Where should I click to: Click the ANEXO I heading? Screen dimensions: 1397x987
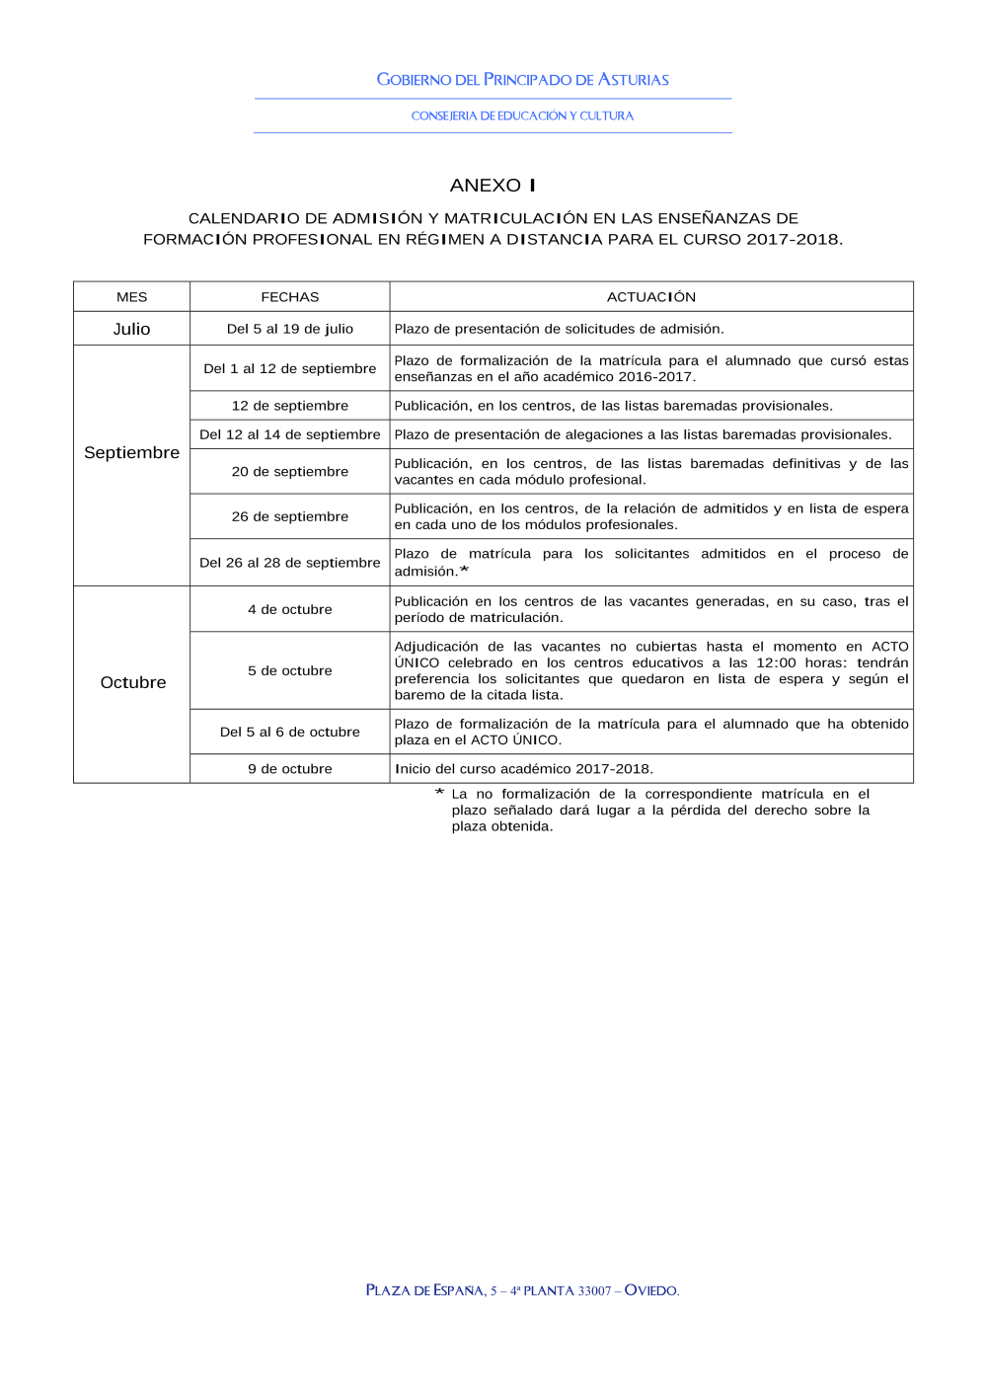pyautogui.click(x=493, y=186)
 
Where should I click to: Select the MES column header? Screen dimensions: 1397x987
pyautogui.click(x=131, y=297)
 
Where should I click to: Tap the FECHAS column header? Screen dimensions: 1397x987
pyautogui.click(x=289, y=297)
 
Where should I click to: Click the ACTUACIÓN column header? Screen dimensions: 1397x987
pyautogui.click(x=650, y=297)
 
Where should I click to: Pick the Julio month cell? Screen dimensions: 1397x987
pyautogui.click(x=131, y=330)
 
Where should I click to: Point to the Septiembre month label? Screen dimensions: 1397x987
pyautogui.click(x=131, y=453)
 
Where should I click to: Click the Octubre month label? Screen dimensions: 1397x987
pyautogui.click(x=133, y=683)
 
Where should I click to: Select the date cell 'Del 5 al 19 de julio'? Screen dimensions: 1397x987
pyautogui.click(x=289, y=330)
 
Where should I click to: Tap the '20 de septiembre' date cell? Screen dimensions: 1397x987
pyautogui.click(x=289, y=472)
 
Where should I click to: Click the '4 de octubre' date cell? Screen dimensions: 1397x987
pyautogui.click(x=289, y=610)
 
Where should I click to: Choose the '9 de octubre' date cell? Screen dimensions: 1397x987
pyautogui.click(x=289, y=769)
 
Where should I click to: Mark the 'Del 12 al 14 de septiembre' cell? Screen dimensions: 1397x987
pyautogui.click(x=289, y=434)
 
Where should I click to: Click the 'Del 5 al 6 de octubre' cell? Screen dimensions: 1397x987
pyautogui.click(x=289, y=733)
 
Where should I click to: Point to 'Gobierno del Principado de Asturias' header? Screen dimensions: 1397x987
pyautogui.click(x=522, y=80)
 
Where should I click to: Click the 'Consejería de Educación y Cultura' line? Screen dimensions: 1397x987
pyautogui.click(x=522, y=116)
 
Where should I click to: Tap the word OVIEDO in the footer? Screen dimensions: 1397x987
pyautogui.click(x=651, y=1290)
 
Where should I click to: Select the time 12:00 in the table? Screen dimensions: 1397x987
pyautogui.click(x=776, y=663)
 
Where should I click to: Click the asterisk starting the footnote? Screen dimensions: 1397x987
pyautogui.click(x=439, y=793)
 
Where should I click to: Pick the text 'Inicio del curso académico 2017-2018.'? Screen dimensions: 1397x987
pyautogui.click(x=523, y=769)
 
